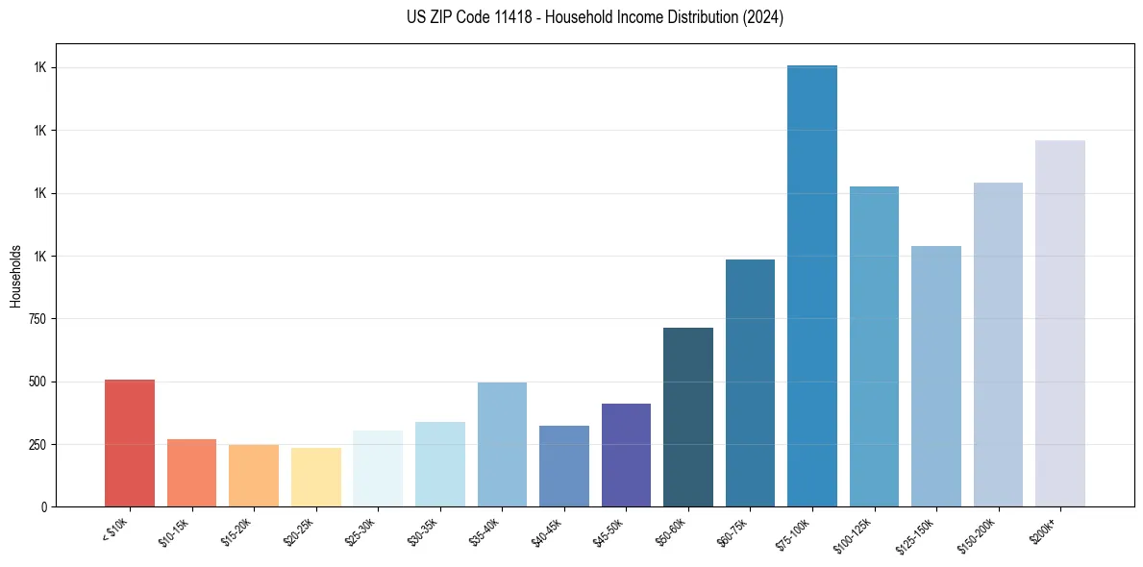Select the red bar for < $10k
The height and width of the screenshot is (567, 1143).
130,443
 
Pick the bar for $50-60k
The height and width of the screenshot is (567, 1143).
687,417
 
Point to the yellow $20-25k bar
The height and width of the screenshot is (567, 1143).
315,477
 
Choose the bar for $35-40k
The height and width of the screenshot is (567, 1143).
502,444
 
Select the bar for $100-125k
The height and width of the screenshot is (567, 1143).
874,346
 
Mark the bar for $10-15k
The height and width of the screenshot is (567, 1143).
191,473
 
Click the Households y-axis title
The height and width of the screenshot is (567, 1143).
15,276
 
